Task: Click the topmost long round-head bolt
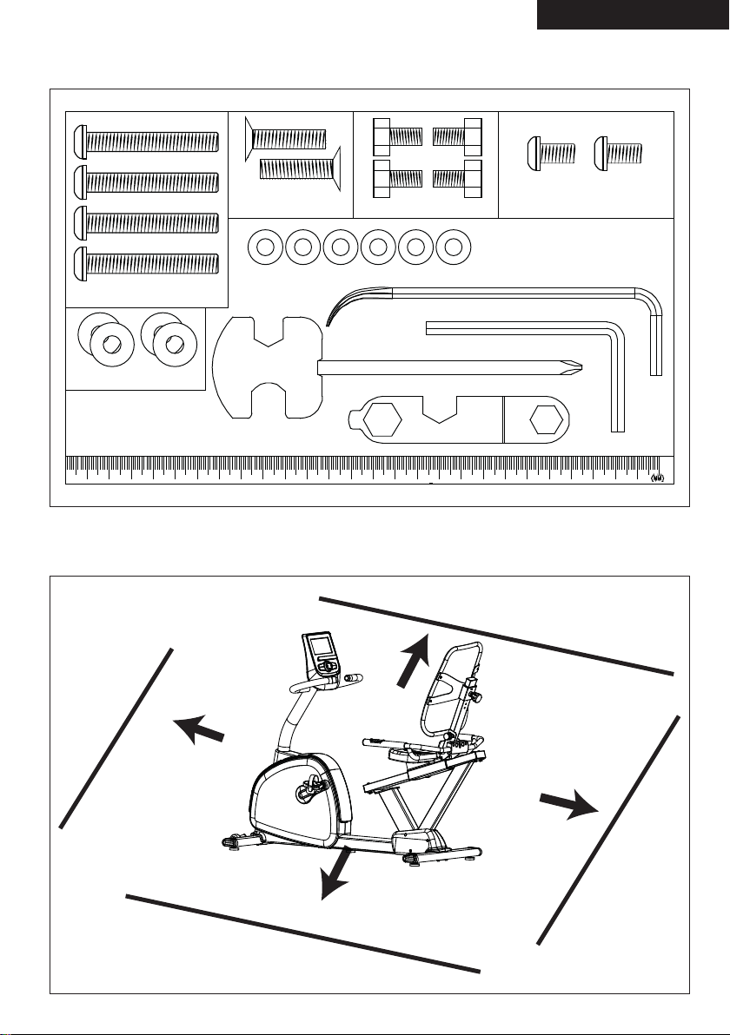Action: pos(146,142)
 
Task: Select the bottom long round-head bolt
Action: pos(146,263)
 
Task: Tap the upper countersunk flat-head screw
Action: pos(285,138)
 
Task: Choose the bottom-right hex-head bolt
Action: pos(457,178)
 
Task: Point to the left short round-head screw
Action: pos(552,153)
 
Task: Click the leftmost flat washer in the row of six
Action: pos(265,247)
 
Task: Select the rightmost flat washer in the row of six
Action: pos(453,247)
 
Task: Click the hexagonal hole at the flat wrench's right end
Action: pos(547,420)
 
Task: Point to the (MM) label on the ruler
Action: pos(656,478)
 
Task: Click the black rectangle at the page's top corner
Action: pos(633,15)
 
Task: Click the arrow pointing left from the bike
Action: pos(199,729)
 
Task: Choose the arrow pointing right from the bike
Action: pos(569,804)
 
